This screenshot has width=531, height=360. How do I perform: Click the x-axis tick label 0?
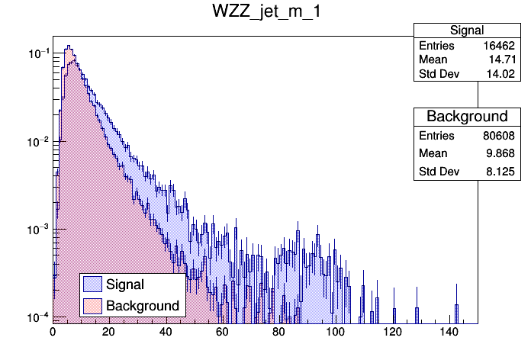[x=53, y=333]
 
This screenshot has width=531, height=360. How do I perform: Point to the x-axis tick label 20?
[x=109, y=333]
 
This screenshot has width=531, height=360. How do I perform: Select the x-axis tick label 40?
[x=166, y=333]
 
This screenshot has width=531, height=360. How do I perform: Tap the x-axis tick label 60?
[x=223, y=333]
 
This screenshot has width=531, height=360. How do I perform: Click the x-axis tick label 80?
[x=279, y=333]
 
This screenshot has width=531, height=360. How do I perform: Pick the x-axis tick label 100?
[x=336, y=333]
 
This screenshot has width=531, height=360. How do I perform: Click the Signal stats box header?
[x=467, y=31]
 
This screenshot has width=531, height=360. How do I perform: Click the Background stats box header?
[x=467, y=117]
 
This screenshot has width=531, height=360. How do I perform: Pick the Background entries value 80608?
[x=500, y=136]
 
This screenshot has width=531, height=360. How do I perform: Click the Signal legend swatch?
[x=92, y=285]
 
